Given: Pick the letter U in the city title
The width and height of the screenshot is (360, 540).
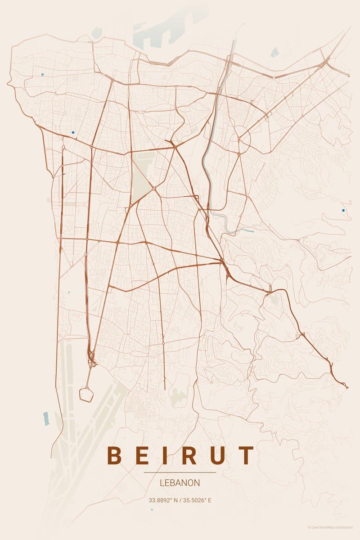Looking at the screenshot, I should [218, 455].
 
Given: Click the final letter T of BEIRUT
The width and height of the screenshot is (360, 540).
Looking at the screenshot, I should [246, 455].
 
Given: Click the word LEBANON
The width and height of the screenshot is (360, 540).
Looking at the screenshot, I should [180, 483].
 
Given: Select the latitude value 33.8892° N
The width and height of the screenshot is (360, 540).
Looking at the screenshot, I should [163, 500].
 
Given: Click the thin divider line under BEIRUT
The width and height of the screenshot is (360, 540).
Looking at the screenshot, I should [180, 472].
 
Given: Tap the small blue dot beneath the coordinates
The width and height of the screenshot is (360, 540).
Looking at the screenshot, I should [152, 509].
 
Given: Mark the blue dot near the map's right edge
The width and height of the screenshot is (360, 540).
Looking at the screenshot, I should [343, 210].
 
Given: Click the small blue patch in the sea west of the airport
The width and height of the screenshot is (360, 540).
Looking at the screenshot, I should [45, 418].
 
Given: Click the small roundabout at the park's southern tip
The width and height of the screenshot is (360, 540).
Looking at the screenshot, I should [154, 188].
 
